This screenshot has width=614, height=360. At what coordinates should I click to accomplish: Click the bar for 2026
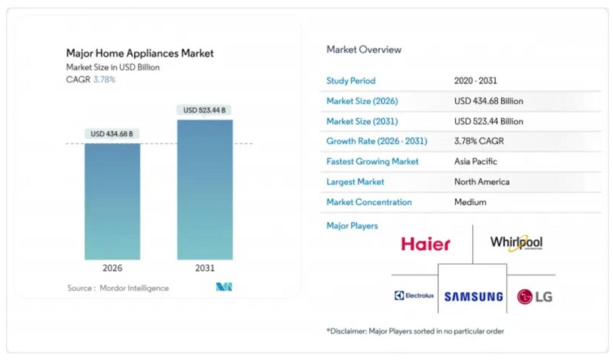(x=112, y=201)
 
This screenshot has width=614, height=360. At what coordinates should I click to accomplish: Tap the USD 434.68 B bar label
(x=112, y=134)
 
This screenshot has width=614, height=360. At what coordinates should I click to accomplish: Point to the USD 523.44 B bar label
(x=204, y=110)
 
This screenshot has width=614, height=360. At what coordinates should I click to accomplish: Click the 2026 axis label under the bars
(x=112, y=268)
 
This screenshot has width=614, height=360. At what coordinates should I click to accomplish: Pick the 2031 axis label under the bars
(x=205, y=268)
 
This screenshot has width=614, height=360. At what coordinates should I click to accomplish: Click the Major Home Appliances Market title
(x=140, y=53)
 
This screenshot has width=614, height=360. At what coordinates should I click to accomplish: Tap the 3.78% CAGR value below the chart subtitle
(x=104, y=80)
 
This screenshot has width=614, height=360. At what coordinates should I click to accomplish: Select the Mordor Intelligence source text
(x=134, y=288)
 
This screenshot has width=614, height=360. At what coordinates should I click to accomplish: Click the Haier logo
(x=426, y=244)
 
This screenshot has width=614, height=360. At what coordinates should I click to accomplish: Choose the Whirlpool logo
(x=516, y=243)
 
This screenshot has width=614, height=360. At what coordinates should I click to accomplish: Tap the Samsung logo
(x=473, y=297)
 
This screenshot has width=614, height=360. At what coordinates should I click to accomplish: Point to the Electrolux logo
(x=414, y=296)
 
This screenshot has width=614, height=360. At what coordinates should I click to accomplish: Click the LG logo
(x=534, y=296)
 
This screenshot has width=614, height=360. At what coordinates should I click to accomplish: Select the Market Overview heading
(x=364, y=50)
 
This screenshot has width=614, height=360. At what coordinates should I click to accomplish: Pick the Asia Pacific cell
(x=476, y=162)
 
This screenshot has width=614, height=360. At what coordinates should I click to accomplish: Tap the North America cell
(x=482, y=182)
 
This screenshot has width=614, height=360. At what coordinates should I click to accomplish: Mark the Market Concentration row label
(x=369, y=202)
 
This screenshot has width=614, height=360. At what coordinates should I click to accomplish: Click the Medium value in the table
(x=470, y=202)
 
